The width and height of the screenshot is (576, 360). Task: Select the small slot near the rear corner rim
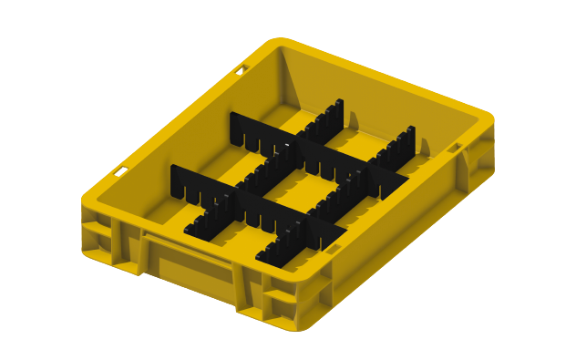point(242,68)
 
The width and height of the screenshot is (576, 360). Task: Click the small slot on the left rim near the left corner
point(121,170)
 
